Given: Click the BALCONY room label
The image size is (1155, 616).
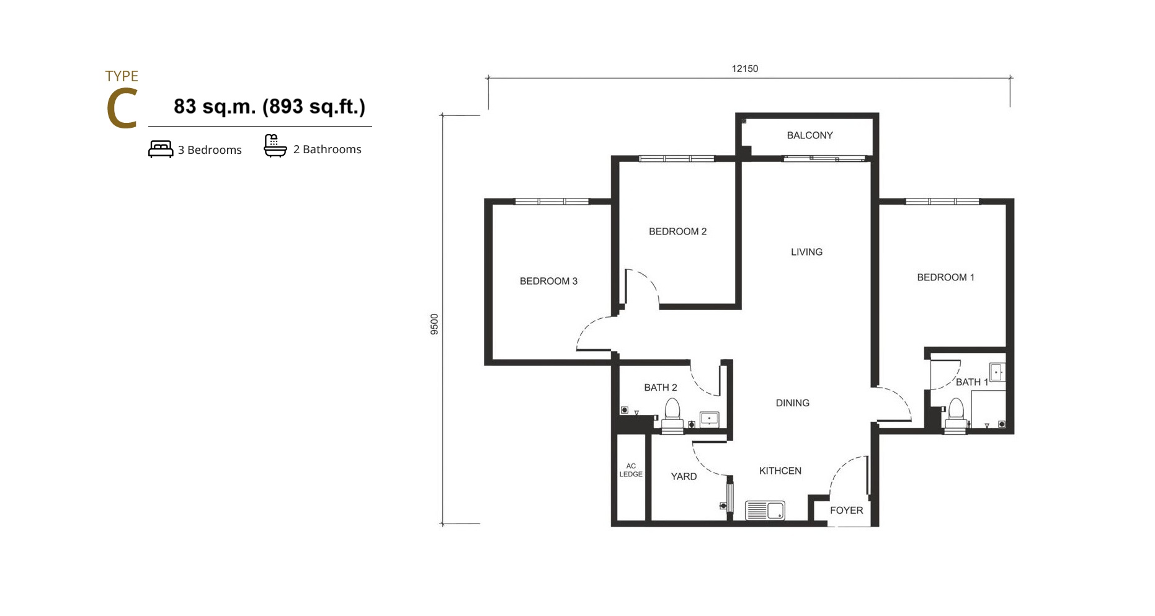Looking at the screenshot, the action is [x=809, y=135].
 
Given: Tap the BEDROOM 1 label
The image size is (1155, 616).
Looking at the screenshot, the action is [x=945, y=277].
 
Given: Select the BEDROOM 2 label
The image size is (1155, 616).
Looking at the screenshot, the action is [x=677, y=231].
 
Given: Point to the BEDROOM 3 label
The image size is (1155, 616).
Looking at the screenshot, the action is [x=548, y=281].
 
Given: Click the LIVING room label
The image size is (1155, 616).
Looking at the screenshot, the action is [x=806, y=252].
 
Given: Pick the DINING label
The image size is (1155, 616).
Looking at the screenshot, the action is [x=792, y=403].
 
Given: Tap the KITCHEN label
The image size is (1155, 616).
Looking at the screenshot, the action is [x=780, y=471].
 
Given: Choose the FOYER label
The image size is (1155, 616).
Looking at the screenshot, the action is [x=846, y=510].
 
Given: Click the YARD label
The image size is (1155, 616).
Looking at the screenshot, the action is [x=684, y=476].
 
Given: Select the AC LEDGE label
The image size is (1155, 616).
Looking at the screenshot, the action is [x=631, y=470].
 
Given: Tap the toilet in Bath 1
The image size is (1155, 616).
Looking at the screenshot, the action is [x=956, y=415].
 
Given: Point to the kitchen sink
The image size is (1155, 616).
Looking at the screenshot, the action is [x=765, y=511].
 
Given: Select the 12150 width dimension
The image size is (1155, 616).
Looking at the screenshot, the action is [x=745, y=68].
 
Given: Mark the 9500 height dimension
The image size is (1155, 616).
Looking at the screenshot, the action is [x=434, y=324].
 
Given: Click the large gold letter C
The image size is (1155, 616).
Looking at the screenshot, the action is [x=122, y=109].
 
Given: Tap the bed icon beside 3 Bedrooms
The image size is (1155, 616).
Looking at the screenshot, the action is [x=161, y=150].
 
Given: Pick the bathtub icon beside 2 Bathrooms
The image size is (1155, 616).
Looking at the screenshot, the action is [x=275, y=146].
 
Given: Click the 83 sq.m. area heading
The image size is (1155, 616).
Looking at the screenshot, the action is [x=269, y=107].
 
